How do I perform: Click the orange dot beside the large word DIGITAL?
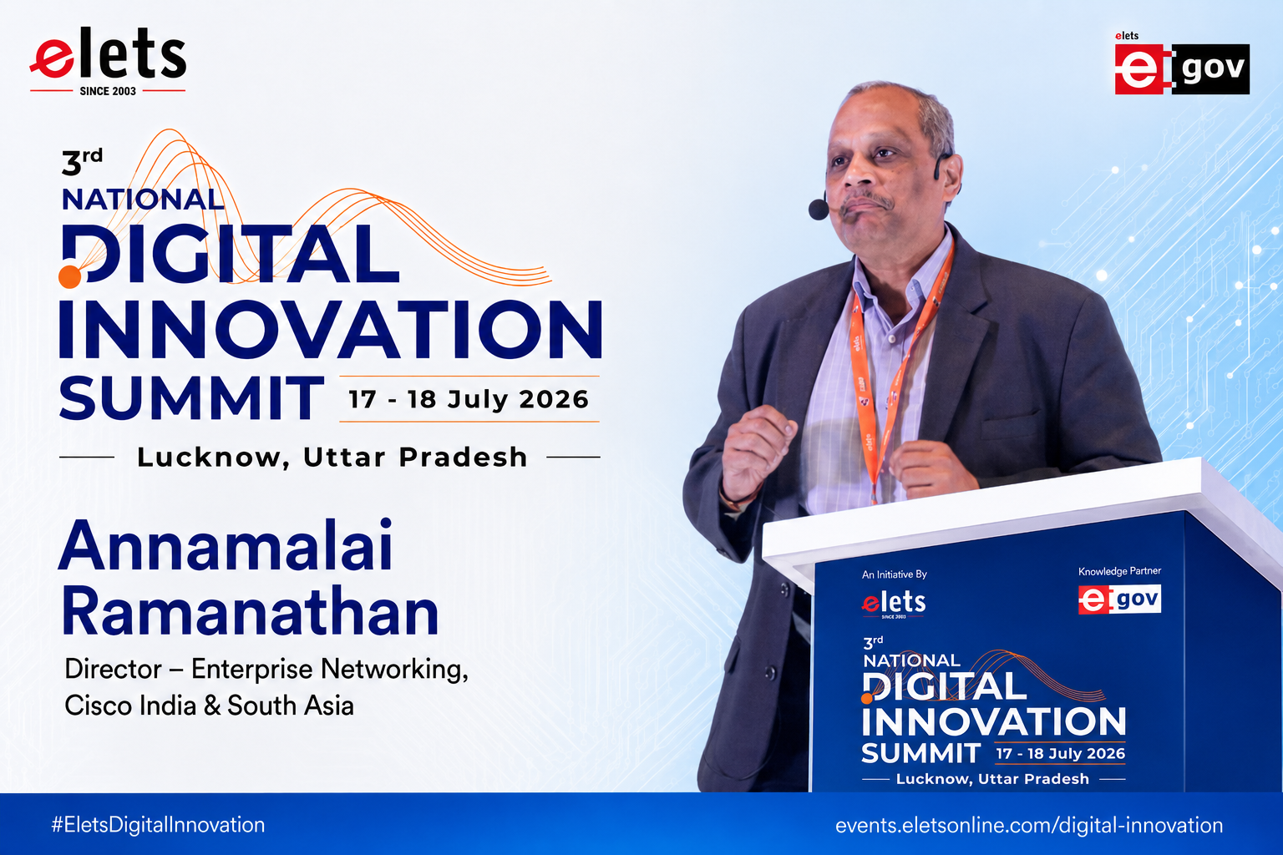70,276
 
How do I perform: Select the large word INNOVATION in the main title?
331,329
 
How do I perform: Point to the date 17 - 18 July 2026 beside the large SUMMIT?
469,399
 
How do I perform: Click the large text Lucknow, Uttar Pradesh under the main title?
332,457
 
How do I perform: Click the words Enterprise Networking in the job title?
329,669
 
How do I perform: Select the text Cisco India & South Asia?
209,705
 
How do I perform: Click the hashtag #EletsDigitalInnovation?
158,825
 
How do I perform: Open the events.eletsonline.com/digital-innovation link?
1029,825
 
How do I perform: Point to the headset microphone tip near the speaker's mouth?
819,209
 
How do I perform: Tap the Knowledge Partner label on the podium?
1119,571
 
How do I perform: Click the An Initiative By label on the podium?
894,574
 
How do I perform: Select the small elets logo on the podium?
894,604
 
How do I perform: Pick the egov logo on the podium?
1119,599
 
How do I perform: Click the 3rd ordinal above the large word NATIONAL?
82,162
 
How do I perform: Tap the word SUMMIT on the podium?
921,753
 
